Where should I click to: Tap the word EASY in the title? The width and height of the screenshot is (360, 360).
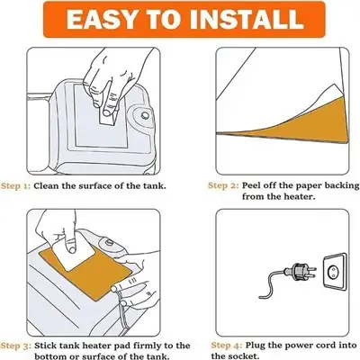tap(101, 20)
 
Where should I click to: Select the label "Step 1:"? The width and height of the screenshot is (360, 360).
tap(15, 185)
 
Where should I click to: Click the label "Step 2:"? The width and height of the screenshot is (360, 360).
tap(223, 185)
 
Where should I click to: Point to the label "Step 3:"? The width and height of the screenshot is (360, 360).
tap(16, 346)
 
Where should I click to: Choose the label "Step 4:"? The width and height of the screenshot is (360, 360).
tap(227, 346)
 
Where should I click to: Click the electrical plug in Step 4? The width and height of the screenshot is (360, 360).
tap(301, 270)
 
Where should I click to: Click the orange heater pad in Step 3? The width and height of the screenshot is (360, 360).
tap(85, 273)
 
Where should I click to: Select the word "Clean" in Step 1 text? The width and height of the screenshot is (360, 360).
tap(46, 185)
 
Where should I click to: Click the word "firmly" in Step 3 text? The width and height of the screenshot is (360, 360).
tap(137, 346)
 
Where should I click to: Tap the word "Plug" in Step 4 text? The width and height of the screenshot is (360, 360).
tap(255, 346)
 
